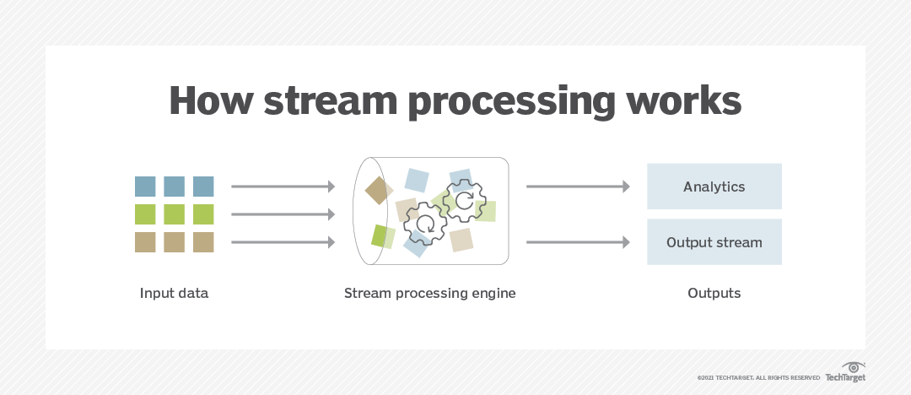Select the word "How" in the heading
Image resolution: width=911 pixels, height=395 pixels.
(x=210, y=100)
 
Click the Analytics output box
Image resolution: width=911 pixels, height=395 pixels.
(x=714, y=187)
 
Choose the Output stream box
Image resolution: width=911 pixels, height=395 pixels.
(x=714, y=242)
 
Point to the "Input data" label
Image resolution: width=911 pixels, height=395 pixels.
(x=174, y=294)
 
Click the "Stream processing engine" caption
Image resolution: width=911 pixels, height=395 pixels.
(x=429, y=294)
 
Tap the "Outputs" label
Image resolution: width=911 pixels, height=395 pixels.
(x=714, y=294)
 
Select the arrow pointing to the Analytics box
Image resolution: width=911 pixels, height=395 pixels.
(x=578, y=187)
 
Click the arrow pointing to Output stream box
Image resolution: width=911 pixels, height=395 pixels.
(x=578, y=242)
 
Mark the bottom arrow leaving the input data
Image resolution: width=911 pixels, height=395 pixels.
(x=283, y=242)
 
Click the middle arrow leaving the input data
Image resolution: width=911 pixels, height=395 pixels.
(x=283, y=214)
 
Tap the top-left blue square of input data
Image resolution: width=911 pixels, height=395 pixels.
(x=145, y=187)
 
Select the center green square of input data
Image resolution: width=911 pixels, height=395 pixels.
(x=175, y=214)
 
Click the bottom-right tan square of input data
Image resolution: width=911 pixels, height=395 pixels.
(x=203, y=242)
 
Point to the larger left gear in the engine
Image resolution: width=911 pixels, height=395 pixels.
(x=425, y=223)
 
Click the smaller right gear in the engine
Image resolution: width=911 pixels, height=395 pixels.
(x=463, y=201)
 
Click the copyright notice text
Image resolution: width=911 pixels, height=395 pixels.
(x=758, y=377)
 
